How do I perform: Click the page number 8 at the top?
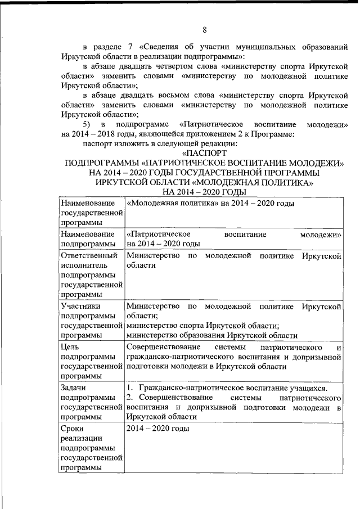click(205, 29)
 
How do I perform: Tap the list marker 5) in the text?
click(87, 124)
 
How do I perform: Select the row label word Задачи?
click(74, 388)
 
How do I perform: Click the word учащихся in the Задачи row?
click(304, 388)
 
